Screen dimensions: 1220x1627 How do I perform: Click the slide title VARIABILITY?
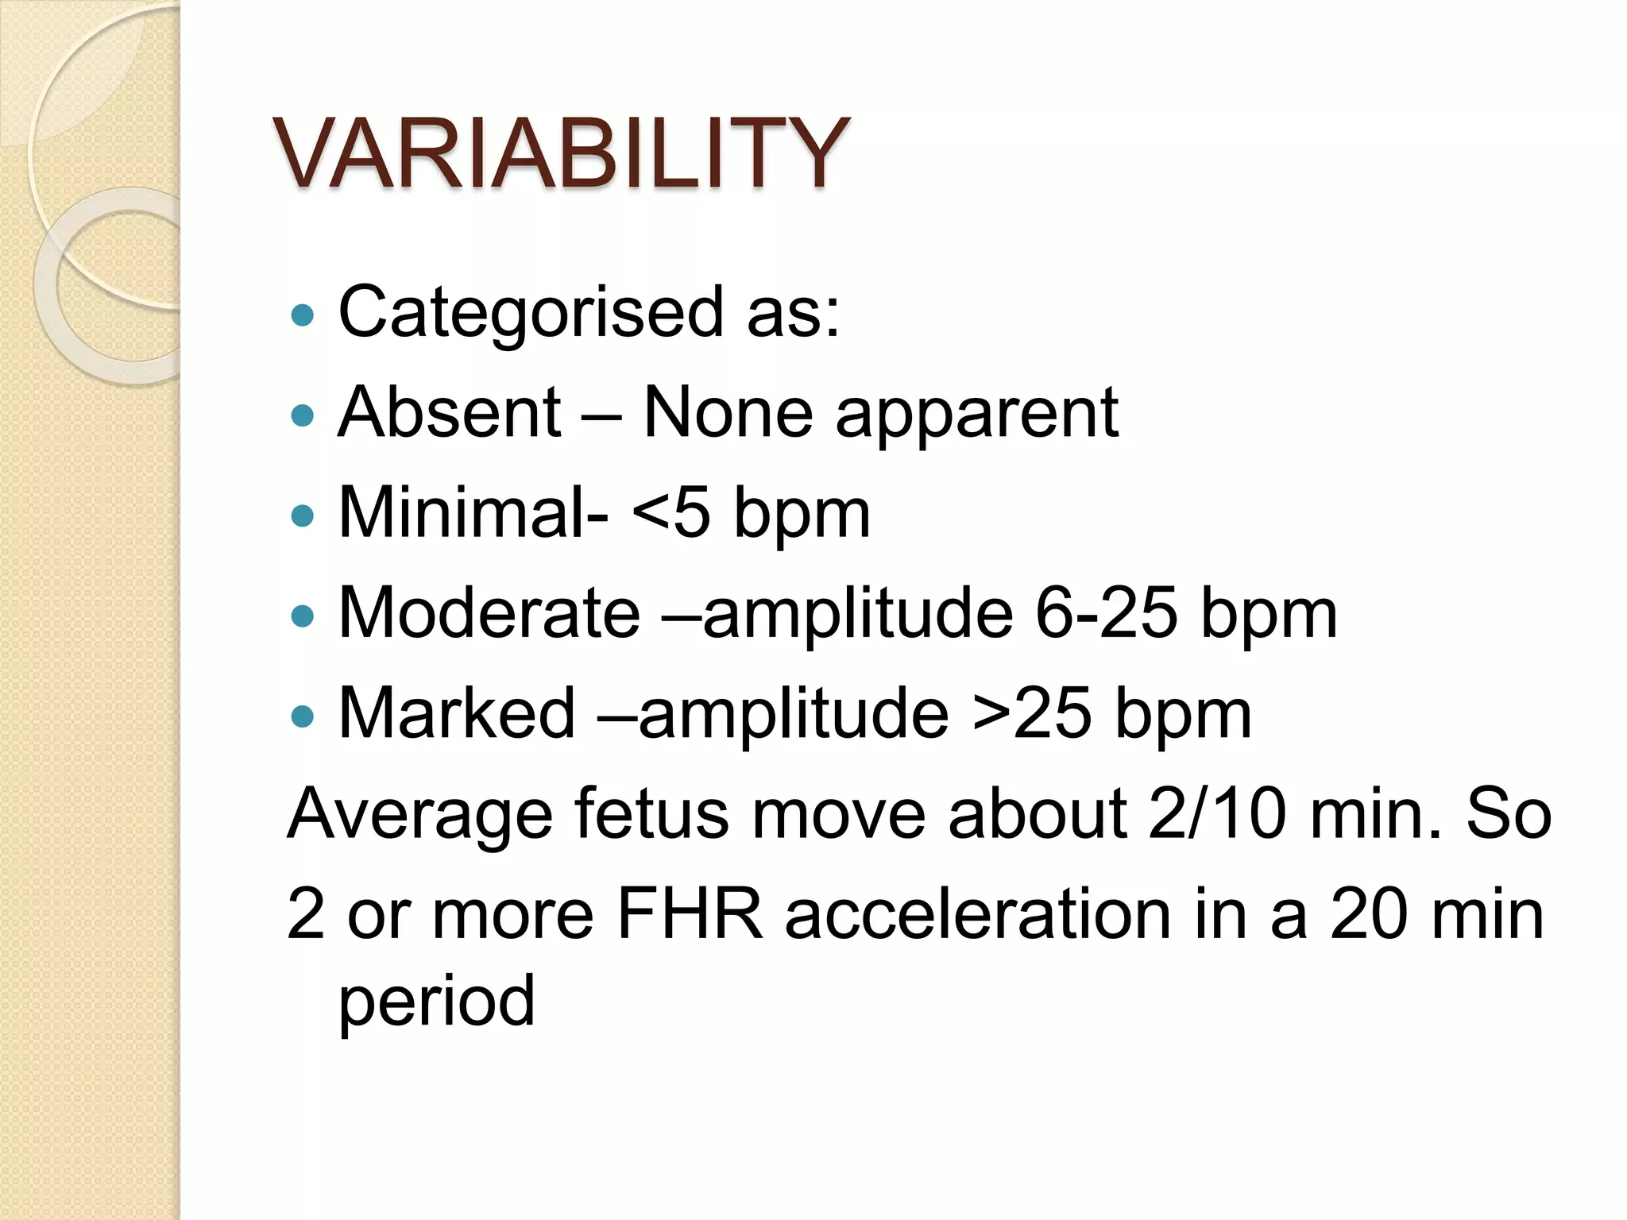pyautogui.click(x=561, y=152)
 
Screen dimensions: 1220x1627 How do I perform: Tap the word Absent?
pyautogui.click(x=450, y=412)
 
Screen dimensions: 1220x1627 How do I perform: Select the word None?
pyautogui.click(x=728, y=412)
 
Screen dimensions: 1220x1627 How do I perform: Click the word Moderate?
pyautogui.click(x=489, y=612)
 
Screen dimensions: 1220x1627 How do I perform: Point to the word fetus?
pyautogui.click(x=651, y=813)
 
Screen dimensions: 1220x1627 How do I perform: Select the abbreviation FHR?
pyautogui.click(x=689, y=914)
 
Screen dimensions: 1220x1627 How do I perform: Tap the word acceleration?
pyautogui.click(x=978, y=914)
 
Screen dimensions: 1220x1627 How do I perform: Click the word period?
pyautogui.click(x=437, y=1002)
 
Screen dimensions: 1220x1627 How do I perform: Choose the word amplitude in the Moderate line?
pyautogui.click(x=858, y=612)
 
